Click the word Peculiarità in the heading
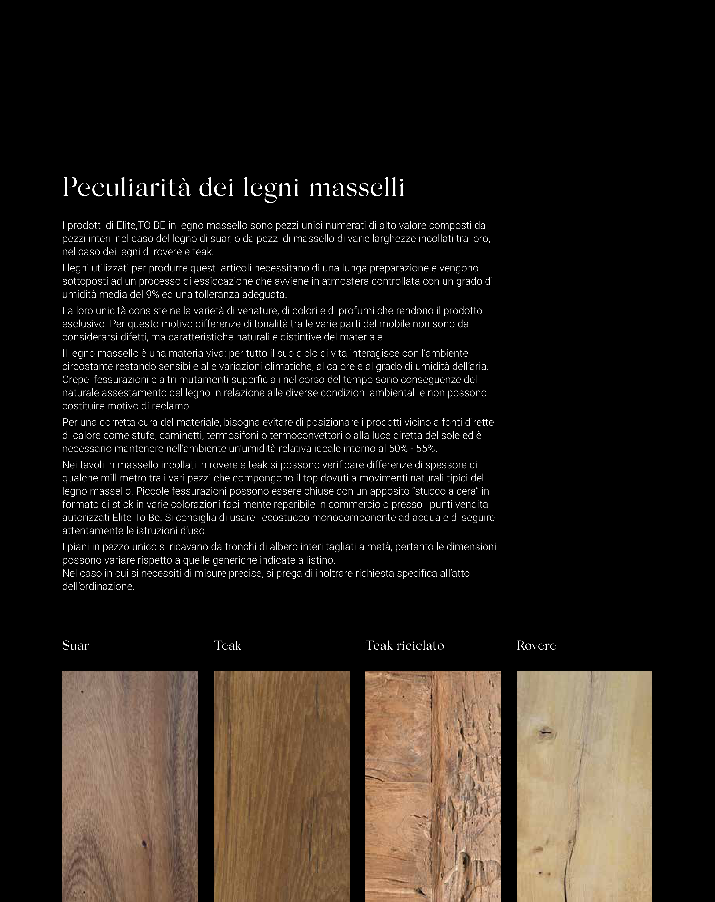tap(126, 187)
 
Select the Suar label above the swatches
tap(76, 646)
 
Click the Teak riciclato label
tap(405, 646)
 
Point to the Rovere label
tap(536, 646)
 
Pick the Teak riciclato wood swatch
tap(433, 786)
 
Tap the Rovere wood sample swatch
tap(585, 786)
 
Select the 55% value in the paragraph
tap(426, 449)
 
